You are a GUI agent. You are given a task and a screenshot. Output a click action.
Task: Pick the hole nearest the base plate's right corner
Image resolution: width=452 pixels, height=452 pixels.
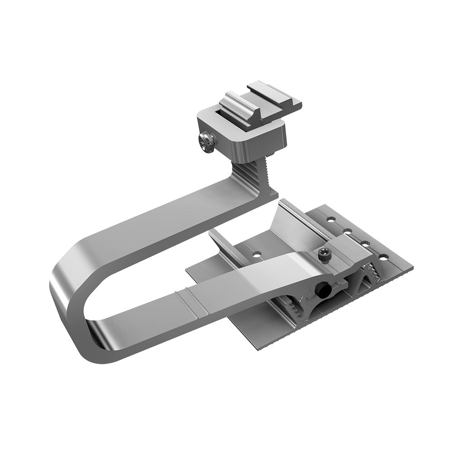(x=383, y=257)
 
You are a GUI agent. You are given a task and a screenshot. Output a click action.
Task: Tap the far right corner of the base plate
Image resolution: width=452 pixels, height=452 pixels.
(x=413, y=268)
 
